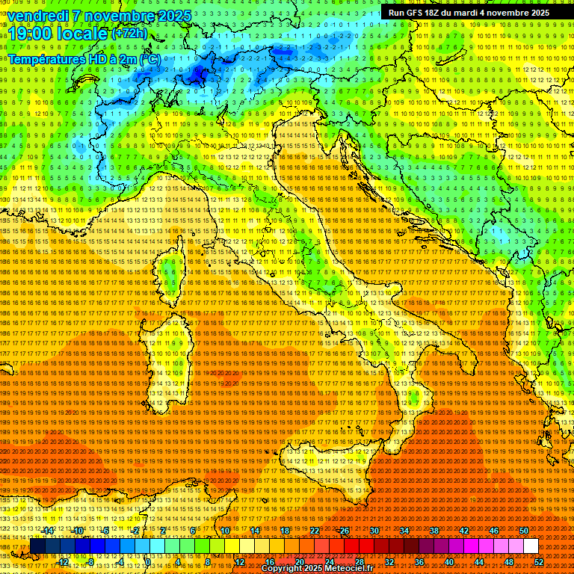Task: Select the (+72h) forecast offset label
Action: [x=129, y=34]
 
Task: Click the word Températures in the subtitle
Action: [x=46, y=58]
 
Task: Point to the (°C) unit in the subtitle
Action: [x=149, y=58]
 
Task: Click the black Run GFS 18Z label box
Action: [x=468, y=13]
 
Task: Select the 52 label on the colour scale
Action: [x=539, y=561]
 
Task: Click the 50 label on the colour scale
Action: [x=523, y=531]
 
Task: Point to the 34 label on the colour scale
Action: [x=404, y=531]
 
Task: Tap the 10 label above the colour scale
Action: [x=224, y=531]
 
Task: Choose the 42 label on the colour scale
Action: [x=463, y=531]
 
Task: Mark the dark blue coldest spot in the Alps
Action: [x=198, y=73]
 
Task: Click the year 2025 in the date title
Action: [x=173, y=16]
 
